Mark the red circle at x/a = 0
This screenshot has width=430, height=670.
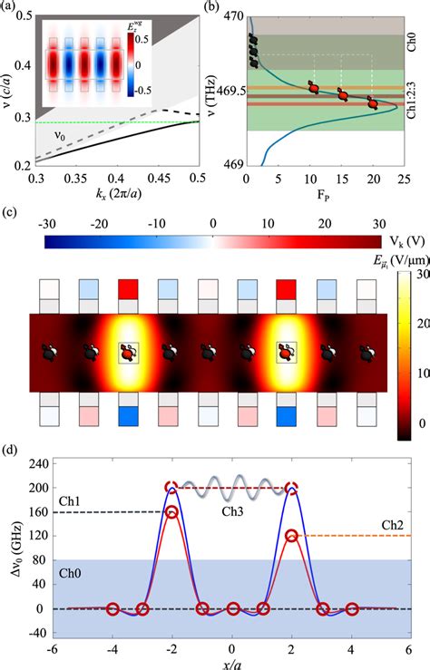233,609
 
